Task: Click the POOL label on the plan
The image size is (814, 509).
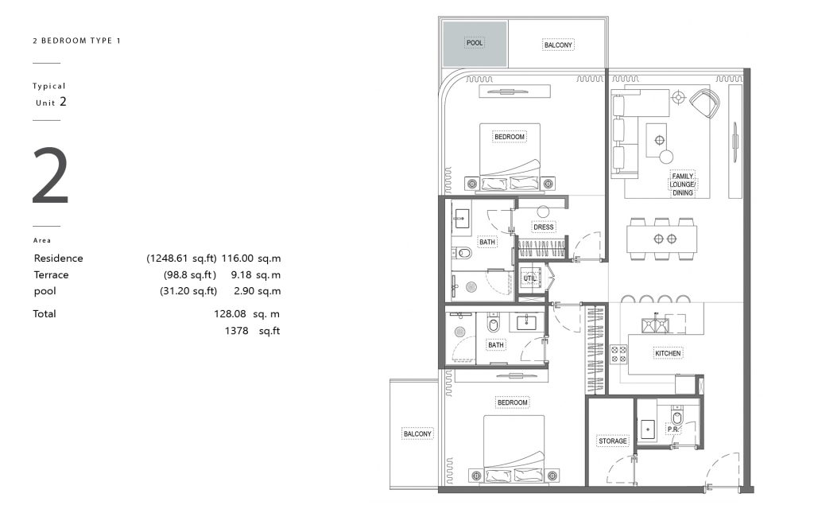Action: pos(475,43)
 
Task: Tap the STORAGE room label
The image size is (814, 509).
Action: pos(613,441)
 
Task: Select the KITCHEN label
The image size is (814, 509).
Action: pos(668,353)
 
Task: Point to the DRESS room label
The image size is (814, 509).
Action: pos(544,227)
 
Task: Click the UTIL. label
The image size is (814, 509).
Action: pos(529,278)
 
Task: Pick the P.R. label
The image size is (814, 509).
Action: pos(673,429)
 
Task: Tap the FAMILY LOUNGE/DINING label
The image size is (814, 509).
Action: pos(683,185)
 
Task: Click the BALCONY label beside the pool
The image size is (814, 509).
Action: pos(558,45)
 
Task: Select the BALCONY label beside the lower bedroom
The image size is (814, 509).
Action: pos(417,433)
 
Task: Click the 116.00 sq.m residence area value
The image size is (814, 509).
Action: pos(250,258)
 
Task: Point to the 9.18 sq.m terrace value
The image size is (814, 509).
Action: pos(255,274)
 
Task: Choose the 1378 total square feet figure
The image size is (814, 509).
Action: pos(252,330)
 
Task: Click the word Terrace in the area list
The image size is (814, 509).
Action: pos(51,274)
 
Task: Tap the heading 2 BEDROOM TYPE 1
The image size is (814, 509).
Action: pos(76,41)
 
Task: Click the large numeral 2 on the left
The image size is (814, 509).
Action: pos(50,176)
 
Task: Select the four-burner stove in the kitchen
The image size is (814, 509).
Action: pos(618,354)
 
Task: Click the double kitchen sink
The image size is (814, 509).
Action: pos(655,325)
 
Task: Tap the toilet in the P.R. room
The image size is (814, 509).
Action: pos(677,417)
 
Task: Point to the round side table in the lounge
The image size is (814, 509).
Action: pos(666,157)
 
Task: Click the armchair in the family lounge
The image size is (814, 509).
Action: pos(704,103)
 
